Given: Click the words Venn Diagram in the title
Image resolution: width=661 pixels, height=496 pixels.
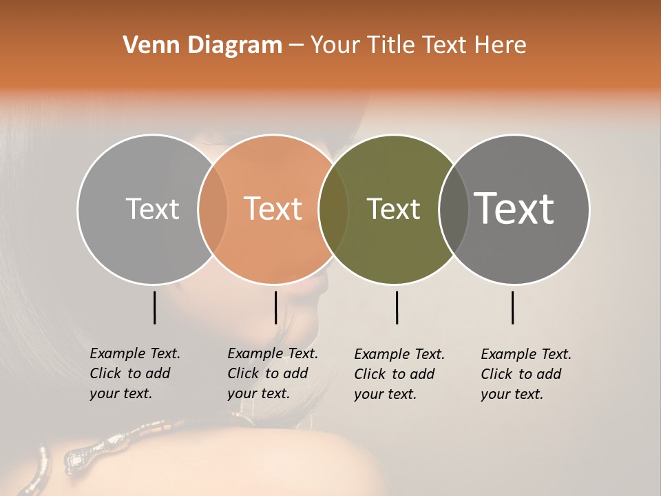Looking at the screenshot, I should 202,45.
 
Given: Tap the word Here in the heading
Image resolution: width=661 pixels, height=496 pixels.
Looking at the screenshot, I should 501,45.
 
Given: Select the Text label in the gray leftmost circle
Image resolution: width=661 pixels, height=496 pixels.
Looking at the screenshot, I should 152,209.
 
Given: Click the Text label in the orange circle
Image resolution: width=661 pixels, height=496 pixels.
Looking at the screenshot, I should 273,209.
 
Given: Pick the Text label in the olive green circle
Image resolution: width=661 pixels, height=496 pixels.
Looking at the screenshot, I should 393,209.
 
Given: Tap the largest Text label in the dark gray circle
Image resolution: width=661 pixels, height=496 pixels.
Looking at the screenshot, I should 514,208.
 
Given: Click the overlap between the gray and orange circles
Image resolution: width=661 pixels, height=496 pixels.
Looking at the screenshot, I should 213,209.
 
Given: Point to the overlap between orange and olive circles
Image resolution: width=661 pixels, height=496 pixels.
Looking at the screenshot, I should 333,209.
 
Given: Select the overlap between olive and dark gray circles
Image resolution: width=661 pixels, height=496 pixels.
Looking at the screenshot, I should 453,209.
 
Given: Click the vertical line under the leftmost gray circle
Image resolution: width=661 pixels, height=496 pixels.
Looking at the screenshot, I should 154,307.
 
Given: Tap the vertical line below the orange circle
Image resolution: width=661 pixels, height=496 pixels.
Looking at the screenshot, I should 275,307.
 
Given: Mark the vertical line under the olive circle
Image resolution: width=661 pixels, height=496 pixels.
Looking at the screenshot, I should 397,307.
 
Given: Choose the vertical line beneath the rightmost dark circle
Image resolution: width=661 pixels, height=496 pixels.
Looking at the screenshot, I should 513,307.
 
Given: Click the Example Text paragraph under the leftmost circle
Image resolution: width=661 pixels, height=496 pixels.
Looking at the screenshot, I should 134,373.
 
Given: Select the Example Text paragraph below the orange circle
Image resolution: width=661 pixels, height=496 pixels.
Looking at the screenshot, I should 272,373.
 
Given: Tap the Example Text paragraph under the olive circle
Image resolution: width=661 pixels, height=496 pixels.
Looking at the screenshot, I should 399,374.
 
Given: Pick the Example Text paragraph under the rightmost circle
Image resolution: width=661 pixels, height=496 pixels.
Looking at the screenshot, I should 525,374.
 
